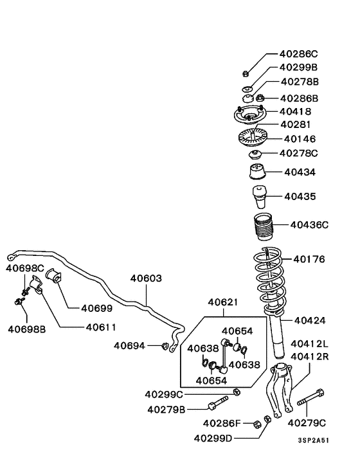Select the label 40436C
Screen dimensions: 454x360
click(309, 224)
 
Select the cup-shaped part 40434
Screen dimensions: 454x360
click(256, 173)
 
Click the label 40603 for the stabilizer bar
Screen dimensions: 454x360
click(146, 278)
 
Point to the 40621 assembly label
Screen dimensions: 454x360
click(223, 302)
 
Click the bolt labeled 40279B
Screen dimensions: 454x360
click(217, 406)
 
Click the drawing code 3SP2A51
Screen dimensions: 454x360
click(313, 441)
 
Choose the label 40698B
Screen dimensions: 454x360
click(26, 329)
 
